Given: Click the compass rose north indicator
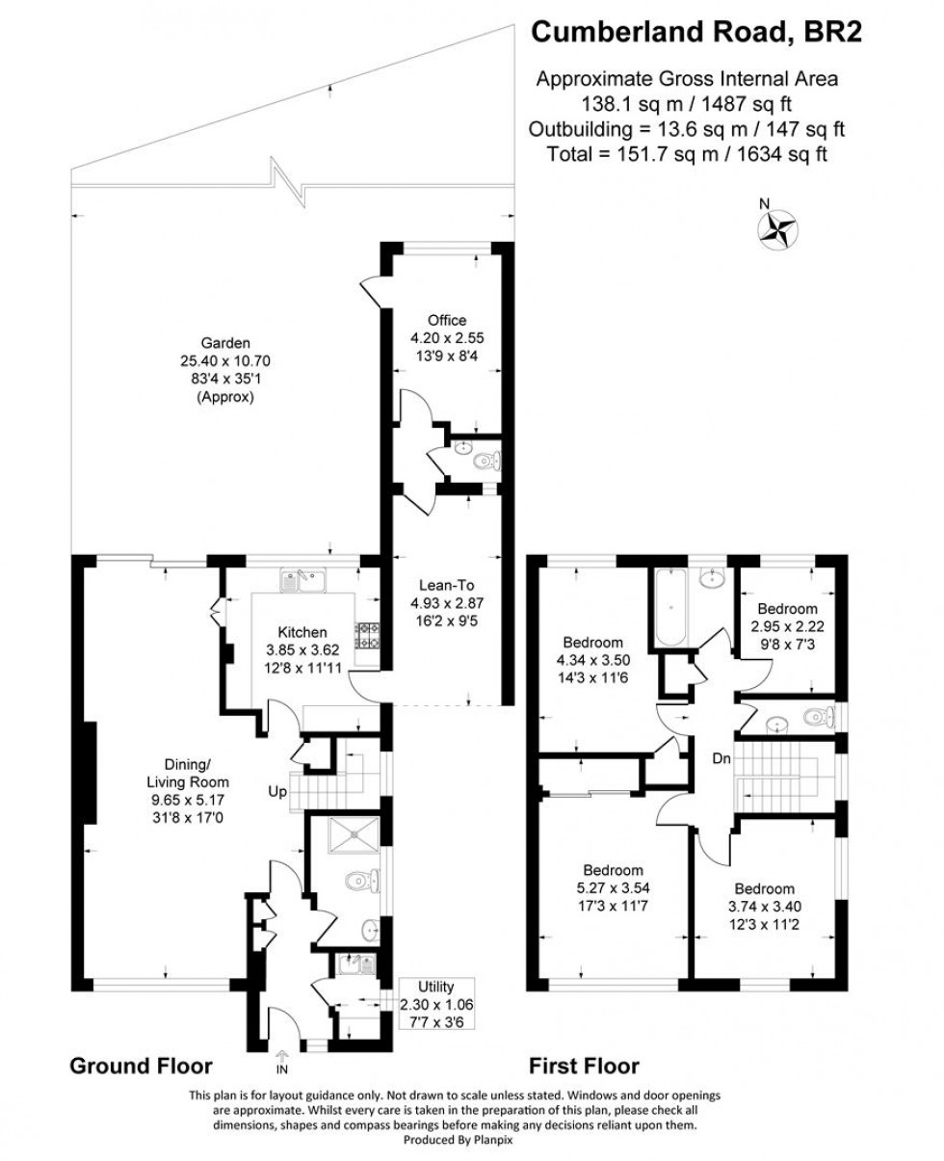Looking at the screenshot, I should tap(778, 228).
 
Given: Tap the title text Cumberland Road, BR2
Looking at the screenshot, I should tap(696, 33).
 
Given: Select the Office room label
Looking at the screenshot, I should tap(447, 320).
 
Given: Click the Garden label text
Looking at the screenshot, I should tap(225, 342).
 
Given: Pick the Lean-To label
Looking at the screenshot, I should tap(444, 584).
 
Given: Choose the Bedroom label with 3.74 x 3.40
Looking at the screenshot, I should tap(765, 888).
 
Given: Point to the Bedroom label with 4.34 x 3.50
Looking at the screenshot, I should tap(592, 643).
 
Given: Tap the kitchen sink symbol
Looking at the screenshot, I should tap(304, 580).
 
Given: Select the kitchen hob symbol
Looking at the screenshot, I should tap(369, 635).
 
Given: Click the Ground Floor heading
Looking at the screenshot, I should tap(141, 1066).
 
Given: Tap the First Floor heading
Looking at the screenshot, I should tap(584, 1066).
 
